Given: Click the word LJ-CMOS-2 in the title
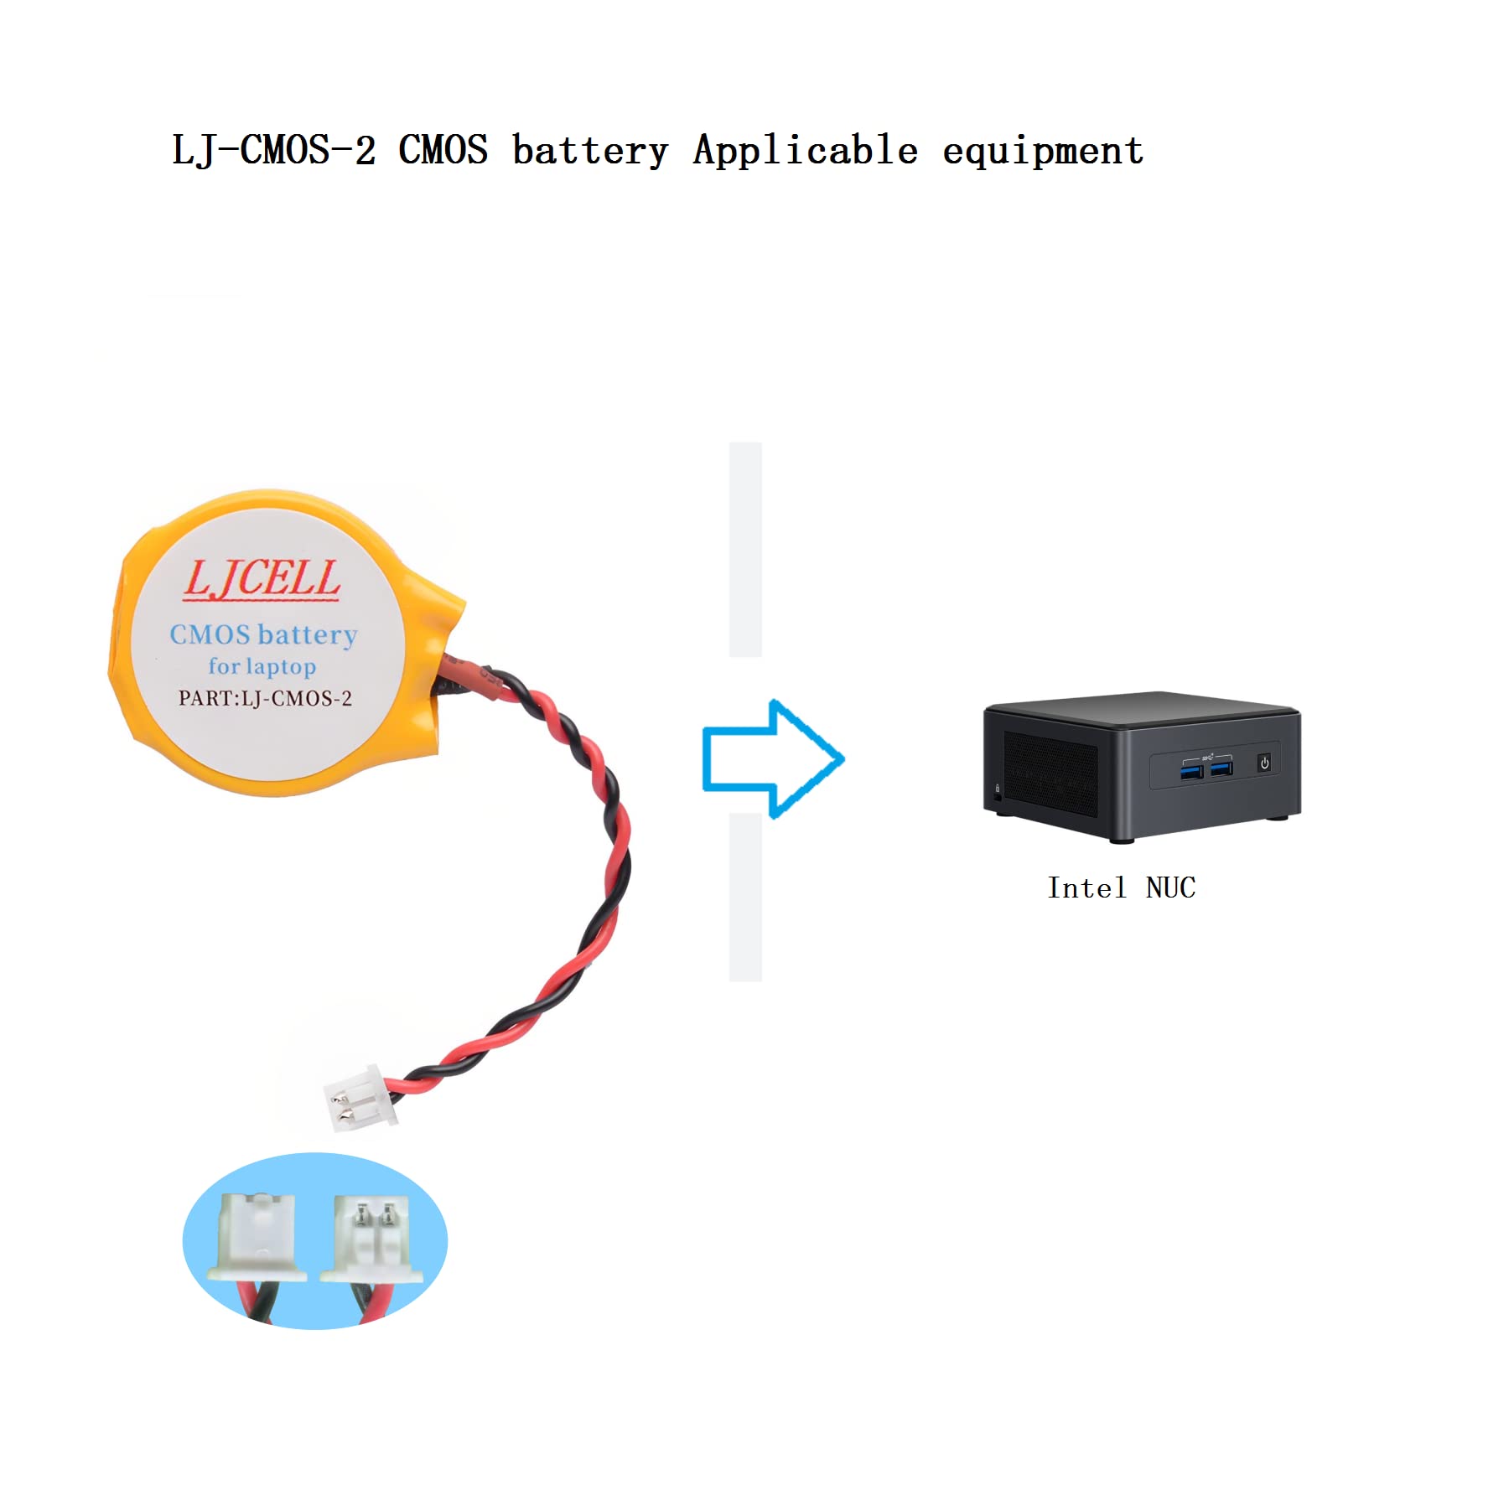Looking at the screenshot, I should tap(273, 151).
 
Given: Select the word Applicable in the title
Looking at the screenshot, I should tap(805, 151).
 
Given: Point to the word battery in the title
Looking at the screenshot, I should tap(590, 151).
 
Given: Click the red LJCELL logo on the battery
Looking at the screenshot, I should tap(262, 579).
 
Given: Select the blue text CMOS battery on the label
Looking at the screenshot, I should tap(263, 634).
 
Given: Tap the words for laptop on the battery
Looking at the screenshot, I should tap(262, 666).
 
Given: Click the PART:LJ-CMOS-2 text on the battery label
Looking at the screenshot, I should tap(265, 698).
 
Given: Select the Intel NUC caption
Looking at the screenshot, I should tap(1121, 887).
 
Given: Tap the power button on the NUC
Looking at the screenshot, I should tap(1264, 763).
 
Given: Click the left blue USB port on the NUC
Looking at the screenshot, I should tap(1191, 768).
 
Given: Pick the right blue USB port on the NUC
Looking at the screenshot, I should tap(1221, 768).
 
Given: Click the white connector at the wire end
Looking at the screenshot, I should tap(360, 1098).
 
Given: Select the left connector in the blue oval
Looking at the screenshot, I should tap(258, 1235).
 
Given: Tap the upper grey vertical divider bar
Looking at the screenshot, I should tap(745, 549).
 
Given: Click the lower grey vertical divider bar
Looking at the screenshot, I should tap(745, 897).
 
